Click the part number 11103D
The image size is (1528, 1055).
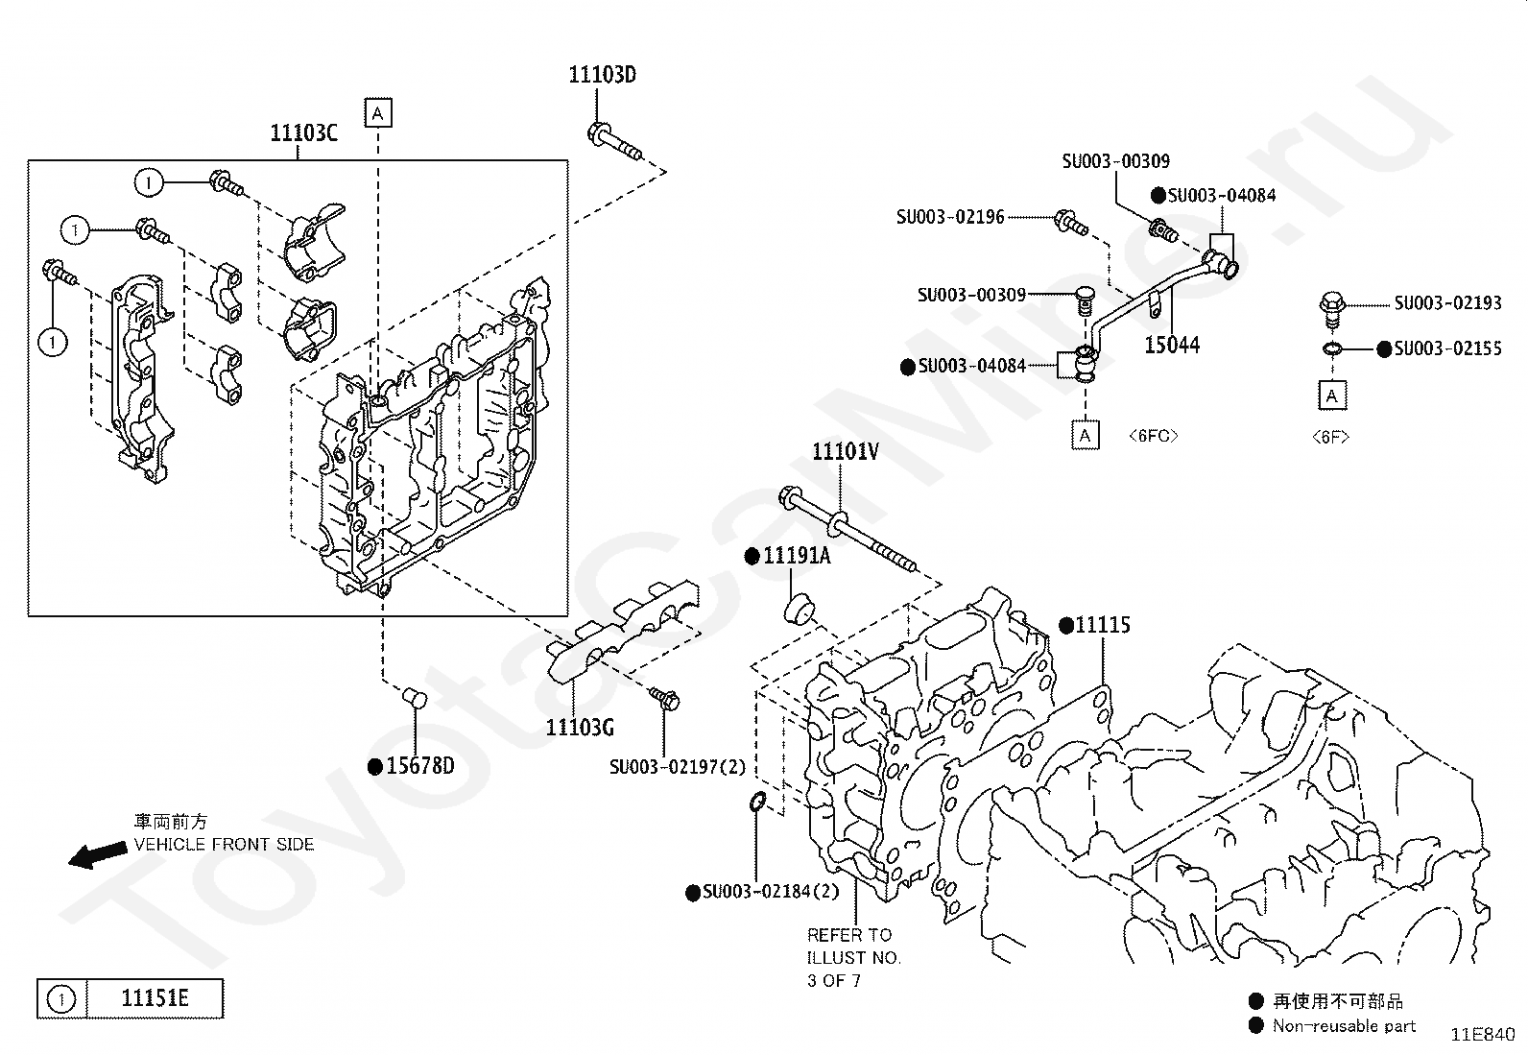pyautogui.click(x=603, y=74)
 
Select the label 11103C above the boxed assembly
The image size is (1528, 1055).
pyautogui.click(x=303, y=132)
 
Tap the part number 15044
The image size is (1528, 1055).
pyautogui.click(x=1172, y=345)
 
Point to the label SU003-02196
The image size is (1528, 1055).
pyautogui.click(x=950, y=217)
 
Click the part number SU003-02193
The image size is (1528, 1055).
pyautogui.click(x=1447, y=302)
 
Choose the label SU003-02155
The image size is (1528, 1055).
pyautogui.click(x=1447, y=348)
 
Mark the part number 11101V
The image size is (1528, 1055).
pyautogui.click(x=846, y=451)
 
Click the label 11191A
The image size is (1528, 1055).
pyautogui.click(x=797, y=556)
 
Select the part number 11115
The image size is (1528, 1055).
pyautogui.click(x=1103, y=624)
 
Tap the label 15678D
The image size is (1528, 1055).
pyautogui.click(x=420, y=766)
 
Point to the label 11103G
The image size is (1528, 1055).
pyautogui.click(x=580, y=728)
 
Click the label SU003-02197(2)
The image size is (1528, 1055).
pyautogui.click(x=678, y=767)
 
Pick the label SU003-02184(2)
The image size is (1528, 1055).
pyautogui.click(x=771, y=891)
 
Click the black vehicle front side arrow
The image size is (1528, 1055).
pyautogui.click(x=98, y=855)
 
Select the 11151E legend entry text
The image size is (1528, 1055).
pyautogui.click(x=155, y=998)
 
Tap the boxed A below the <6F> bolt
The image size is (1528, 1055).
pyautogui.click(x=1331, y=396)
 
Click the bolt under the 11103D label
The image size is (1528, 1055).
pyautogui.click(x=614, y=142)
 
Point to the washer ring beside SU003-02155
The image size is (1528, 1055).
pyautogui.click(x=1331, y=349)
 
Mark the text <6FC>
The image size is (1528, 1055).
pyautogui.click(x=1153, y=436)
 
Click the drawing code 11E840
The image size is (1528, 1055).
pyautogui.click(x=1482, y=1035)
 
